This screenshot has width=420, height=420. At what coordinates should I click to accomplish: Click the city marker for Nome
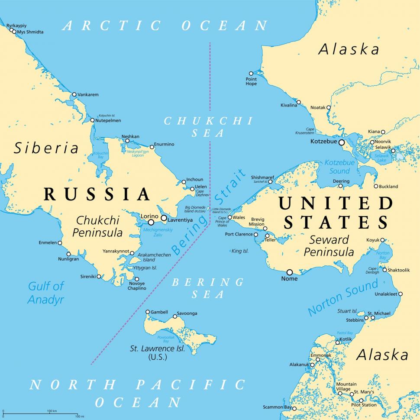289,272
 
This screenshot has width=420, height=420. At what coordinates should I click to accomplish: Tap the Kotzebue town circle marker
341,142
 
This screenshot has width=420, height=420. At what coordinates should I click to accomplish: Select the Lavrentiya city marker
164,218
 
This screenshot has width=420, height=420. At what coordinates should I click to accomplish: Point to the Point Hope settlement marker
251,74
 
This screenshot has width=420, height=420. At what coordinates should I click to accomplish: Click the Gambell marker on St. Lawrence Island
148,312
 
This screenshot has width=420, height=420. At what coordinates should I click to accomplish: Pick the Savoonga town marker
175,316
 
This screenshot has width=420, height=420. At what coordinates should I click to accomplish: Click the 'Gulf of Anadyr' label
46,292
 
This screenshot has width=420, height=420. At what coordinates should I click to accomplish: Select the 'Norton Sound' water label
342,297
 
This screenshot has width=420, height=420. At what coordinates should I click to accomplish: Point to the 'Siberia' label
46,148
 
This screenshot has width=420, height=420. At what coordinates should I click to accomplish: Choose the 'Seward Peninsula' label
329,246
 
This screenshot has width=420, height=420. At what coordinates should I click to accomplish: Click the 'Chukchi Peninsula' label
97,226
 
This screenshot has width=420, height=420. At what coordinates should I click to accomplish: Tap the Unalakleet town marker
400,294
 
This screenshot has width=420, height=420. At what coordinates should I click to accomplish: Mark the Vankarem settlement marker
74,94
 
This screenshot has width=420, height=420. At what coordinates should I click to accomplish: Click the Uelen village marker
192,189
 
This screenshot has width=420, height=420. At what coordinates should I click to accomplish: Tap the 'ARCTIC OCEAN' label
165,26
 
